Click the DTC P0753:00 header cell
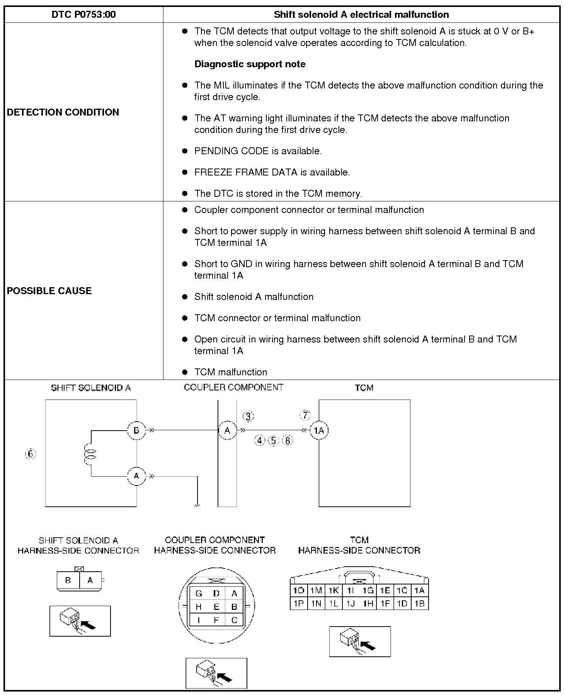83,15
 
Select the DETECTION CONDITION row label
63,112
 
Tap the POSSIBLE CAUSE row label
49,291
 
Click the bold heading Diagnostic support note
250,64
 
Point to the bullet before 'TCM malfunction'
185,372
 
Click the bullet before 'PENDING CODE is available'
185,151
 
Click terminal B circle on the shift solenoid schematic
136,430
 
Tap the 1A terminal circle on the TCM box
319,430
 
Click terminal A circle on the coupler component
227,430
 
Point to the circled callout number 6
30,453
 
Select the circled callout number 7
305,416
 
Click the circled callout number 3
248,416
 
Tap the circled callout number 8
288,440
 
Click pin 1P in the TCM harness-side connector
298,603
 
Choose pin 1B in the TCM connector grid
419,603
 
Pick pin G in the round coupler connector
199,593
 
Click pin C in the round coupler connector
234,620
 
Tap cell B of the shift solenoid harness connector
68,580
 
